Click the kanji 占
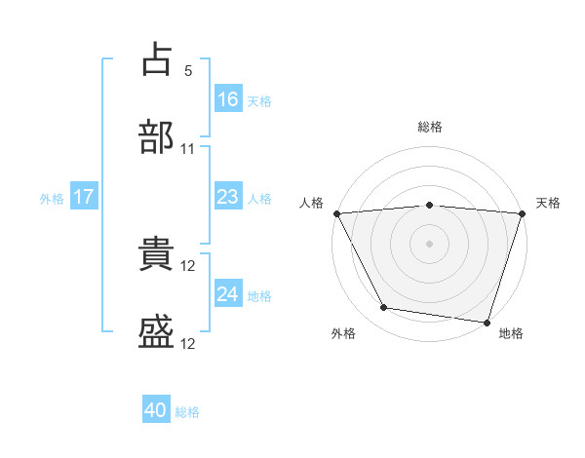pos(157,58)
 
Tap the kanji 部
pos(156,136)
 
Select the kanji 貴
pos(156,253)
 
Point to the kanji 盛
pos(156,331)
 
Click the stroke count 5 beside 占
pos(188,71)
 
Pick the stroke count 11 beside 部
pos(187,149)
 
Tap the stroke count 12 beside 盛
pos(187,344)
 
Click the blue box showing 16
pos(228,98)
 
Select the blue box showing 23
pos(228,196)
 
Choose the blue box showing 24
pos(228,292)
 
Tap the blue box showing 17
pos(84,196)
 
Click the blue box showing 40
pos(156,408)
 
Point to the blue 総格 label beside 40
pos(187,412)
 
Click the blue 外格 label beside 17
pos(52,199)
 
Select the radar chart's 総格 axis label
pos(430,127)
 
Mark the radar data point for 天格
pos(523,213)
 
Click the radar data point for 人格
pos(337,213)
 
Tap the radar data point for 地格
pos(487,323)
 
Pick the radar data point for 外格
pos(384,307)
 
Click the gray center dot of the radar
pos(429,244)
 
